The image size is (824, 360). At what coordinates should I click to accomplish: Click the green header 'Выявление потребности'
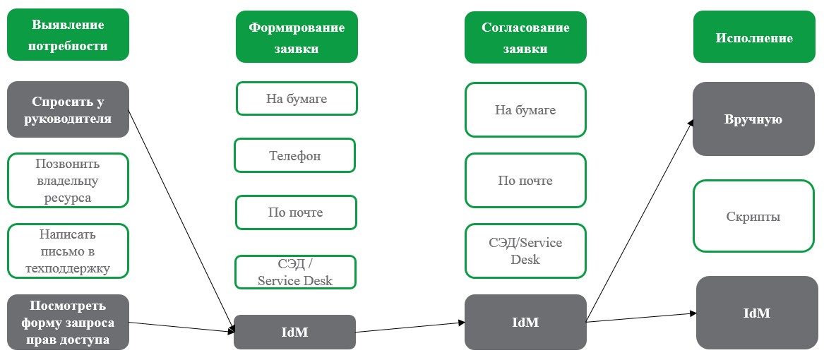tap(68, 35)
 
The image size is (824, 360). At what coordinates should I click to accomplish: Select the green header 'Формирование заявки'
tap(297, 38)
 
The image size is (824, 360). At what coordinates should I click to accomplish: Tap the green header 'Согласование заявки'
tap(525, 38)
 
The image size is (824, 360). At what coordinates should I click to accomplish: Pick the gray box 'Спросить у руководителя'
tap(68, 109)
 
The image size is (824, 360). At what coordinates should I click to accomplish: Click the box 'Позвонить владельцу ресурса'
tap(68, 181)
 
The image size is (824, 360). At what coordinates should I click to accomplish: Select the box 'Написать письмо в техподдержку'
tap(68, 251)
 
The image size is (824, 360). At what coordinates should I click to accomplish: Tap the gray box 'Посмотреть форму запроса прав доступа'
tap(68, 323)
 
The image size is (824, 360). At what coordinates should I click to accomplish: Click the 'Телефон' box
tap(294, 155)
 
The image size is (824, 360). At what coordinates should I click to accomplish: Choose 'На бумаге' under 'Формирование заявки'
tap(297, 99)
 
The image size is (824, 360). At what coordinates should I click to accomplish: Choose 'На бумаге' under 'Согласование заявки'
tap(525, 109)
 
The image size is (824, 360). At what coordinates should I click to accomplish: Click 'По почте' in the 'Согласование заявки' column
tap(525, 181)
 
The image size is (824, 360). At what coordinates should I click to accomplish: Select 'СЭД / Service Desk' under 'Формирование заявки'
tap(295, 272)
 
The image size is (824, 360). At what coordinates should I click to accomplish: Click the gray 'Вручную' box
tap(753, 119)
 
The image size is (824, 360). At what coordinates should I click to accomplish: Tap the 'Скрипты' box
tap(753, 216)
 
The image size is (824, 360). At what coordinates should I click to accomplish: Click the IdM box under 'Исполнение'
tap(757, 312)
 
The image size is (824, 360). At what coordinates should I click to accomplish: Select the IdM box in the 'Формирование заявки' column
tap(294, 332)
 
